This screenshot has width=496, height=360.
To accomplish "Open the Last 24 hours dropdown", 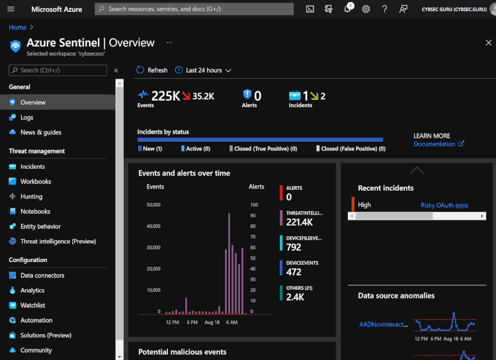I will (x=203, y=70).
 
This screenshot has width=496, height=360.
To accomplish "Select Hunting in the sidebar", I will (x=31, y=197).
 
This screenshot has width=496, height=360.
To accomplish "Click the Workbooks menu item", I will (x=35, y=181).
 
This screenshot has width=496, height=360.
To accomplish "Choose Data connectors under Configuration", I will (x=42, y=275).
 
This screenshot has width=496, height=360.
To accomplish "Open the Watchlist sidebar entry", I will (x=32, y=306).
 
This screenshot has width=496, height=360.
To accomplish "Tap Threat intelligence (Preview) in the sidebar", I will (x=58, y=242).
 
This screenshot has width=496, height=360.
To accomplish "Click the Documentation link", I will (x=434, y=144).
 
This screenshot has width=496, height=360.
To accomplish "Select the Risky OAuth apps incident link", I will (x=444, y=205).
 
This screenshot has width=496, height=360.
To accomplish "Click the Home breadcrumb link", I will (x=17, y=27).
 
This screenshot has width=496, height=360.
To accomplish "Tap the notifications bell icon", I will (x=347, y=9).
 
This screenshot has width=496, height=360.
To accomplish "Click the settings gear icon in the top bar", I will (x=366, y=9).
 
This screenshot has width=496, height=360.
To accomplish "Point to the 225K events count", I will (x=165, y=97).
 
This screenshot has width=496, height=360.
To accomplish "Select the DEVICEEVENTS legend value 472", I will (x=294, y=272).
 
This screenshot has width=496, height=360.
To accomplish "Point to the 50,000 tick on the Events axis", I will (x=153, y=205).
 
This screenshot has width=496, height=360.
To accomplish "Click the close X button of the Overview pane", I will (x=489, y=43).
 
